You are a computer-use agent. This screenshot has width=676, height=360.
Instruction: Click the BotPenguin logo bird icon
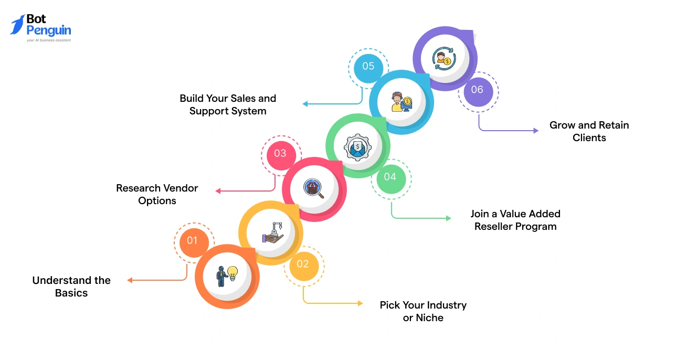[17, 25]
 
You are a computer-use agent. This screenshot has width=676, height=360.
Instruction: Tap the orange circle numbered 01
[192, 240]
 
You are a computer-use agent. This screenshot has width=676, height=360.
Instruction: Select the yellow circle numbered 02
[302, 264]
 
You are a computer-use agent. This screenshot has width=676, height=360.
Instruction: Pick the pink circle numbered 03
[280, 153]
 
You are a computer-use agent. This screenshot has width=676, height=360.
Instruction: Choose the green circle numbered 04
[390, 177]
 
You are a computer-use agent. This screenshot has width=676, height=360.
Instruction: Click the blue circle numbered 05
[368, 66]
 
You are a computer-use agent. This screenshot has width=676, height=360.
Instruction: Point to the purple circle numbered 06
[477, 90]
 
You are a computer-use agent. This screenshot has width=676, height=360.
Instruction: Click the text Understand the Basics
[71, 287]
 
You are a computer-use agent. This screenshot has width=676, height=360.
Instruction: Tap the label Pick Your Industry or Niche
[423, 311]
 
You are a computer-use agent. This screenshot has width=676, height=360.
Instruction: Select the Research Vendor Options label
[157, 194]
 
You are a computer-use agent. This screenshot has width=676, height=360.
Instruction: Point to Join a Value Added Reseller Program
[515, 220]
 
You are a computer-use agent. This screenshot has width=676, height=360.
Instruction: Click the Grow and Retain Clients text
[589, 131]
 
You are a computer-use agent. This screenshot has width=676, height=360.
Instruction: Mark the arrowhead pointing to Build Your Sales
[305, 104]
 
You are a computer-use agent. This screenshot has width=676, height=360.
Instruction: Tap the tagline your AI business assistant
[49, 40]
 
